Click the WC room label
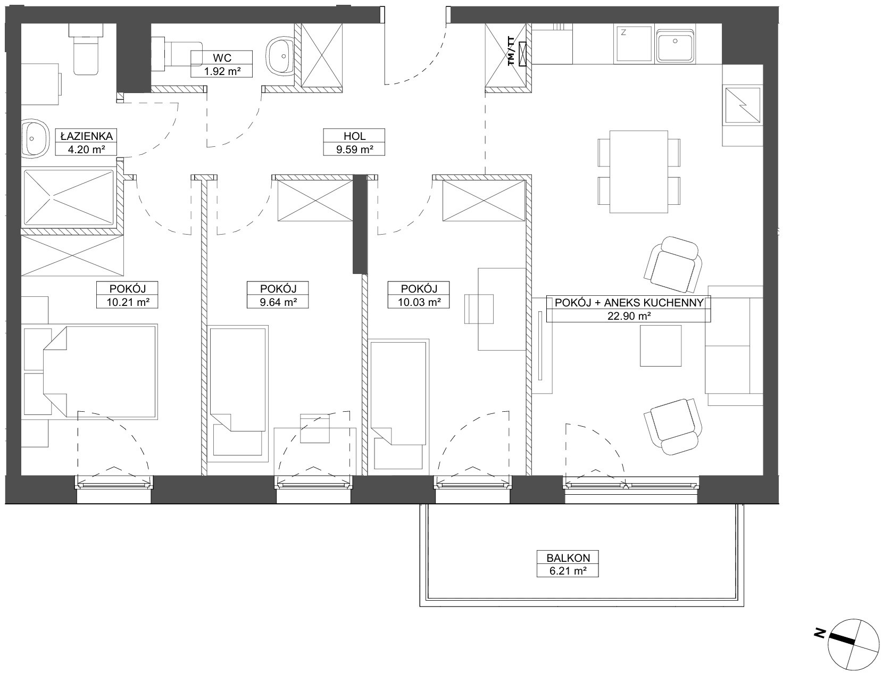tap(222, 57)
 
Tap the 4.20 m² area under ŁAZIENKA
tap(86, 149)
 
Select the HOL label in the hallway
tap(354, 136)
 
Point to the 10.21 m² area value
tap(127, 302)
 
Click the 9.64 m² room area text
tap(278, 302)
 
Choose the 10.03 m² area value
tap(419, 302)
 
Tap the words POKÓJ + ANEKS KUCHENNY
tap(629, 303)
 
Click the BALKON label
tap(568, 558)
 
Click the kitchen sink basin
tap(675, 44)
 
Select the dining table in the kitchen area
tap(639, 172)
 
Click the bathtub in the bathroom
tap(69, 197)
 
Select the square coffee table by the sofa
tap(661, 346)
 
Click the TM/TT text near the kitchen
tap(511, 51)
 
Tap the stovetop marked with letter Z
tap(633, 44)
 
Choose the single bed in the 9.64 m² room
tap(238, 394)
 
